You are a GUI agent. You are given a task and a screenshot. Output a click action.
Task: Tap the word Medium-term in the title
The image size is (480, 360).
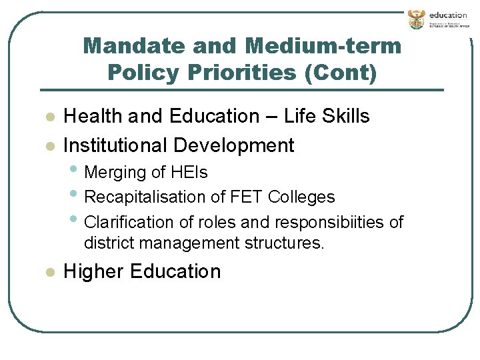tap(323, 46)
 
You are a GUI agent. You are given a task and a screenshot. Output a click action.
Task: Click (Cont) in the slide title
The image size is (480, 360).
tap(339, 72)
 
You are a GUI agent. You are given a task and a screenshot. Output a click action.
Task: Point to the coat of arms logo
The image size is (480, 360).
tap(416, 19)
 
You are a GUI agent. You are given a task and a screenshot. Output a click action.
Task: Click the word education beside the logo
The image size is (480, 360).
tap(448, 15)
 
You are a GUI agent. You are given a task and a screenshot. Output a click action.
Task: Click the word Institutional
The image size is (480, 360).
tap(115, 145)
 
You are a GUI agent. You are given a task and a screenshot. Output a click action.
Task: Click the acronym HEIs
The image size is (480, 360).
tap(189, 172)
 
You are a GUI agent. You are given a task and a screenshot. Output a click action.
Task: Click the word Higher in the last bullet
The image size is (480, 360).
tap(93, 271)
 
